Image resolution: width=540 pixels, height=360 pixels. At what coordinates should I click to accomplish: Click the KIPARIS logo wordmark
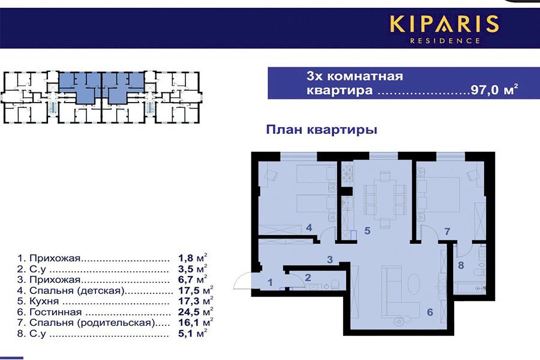click(x=444, y=24)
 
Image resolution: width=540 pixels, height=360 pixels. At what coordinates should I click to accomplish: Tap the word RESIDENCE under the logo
click(x=444, y=41)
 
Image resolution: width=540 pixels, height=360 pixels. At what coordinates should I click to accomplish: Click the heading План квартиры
click(x=322, y=130)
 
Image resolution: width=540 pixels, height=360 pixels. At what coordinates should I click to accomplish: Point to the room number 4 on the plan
click(x=308, y=228)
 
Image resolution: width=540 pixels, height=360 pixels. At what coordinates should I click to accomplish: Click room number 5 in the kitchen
click(x=368, y=230)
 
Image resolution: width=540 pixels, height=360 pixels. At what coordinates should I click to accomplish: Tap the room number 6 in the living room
click(x=430, y=311)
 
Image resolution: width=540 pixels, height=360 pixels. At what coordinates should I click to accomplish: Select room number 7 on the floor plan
click(x=446, y=231)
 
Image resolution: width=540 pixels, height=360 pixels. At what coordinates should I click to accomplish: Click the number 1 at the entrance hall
click(x=270, y=282)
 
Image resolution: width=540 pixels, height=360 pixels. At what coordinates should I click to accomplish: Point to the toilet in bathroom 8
click(x=479, y=272)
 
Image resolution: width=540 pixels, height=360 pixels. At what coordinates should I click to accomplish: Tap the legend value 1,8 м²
click(x=193, y=259)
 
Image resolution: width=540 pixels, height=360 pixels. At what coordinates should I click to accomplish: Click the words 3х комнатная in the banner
click(x=354, y=77)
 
